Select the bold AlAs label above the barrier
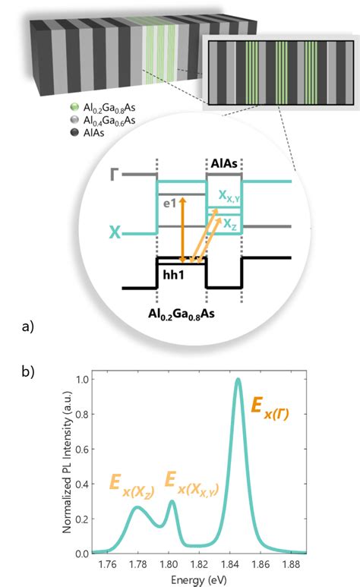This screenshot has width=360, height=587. click(224, 163)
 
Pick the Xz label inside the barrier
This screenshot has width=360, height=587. click(229, 223)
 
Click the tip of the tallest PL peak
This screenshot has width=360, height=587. click(238, 379)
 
